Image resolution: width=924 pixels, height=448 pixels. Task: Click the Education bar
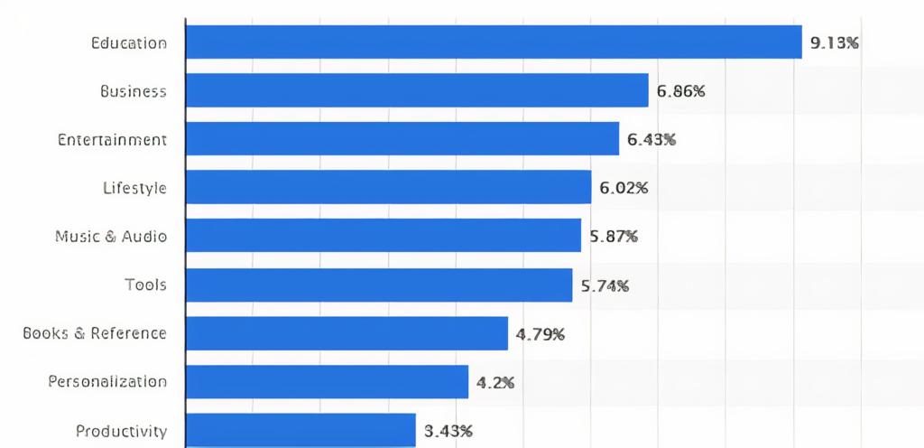point(494,42)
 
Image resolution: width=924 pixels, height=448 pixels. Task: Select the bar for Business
point(417,90)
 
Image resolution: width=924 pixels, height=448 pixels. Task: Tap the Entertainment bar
point(402,139)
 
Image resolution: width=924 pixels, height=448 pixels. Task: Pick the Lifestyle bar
point(388,187)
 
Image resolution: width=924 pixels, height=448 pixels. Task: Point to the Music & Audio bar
point(383,236)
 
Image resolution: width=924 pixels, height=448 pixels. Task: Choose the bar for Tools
point(379,285)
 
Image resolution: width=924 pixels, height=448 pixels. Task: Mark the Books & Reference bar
point(346,333)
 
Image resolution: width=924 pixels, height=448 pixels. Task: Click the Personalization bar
point(327,381)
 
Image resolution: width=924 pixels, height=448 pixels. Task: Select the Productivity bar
point(300,429)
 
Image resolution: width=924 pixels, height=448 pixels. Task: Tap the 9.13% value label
point(835,42)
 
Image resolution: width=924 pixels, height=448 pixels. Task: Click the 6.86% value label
point(680,90)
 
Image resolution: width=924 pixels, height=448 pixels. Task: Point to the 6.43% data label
point(651,139)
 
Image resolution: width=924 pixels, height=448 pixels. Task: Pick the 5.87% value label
point(614,236)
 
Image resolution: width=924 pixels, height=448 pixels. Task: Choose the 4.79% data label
point(541,334)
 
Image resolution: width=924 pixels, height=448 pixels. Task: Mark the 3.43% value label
point(448,430)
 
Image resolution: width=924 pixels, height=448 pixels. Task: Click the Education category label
point(129,42)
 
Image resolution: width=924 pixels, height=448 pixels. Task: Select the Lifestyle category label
point(134,188)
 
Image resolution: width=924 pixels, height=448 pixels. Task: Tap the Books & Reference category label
point(95,333)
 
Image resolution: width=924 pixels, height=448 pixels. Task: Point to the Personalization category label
point(107,381)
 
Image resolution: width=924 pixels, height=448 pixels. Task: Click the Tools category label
point(145,285)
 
